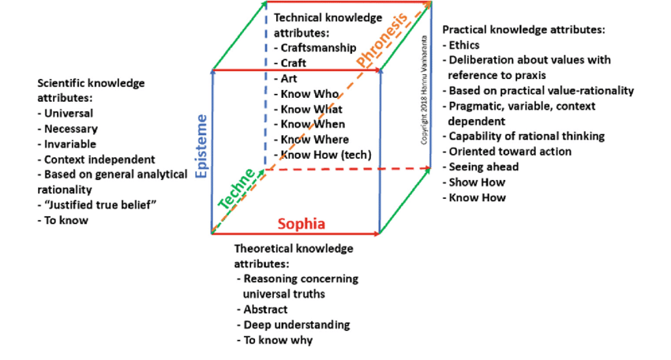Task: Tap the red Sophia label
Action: point(300,223)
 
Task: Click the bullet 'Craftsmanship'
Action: point(316,48)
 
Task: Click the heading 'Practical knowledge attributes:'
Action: point(523,29)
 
